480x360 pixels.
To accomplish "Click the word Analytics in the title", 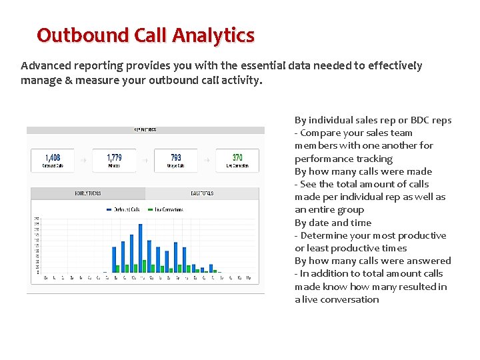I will pos(213,35).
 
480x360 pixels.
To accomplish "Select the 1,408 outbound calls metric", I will pos(53,158).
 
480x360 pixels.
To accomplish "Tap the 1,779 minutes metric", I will pos(115,158).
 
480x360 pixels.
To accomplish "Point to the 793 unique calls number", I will pos(176,158).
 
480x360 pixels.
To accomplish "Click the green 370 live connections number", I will pos(237,158).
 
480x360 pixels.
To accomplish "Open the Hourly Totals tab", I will pos(88,193).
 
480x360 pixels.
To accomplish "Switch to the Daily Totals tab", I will pos(202,193).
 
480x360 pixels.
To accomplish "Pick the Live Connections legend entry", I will pos(166,209).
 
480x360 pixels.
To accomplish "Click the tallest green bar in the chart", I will pos(143,266).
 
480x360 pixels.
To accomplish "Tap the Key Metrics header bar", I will pos(145,130).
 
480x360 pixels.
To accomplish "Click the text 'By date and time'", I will pos(333,223).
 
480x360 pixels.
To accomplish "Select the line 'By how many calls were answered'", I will pos(373,261).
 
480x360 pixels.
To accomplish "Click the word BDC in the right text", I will pos(420,120).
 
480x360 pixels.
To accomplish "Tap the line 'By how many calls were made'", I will pos(363,171).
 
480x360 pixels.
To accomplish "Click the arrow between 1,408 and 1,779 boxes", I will pos(83,160).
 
